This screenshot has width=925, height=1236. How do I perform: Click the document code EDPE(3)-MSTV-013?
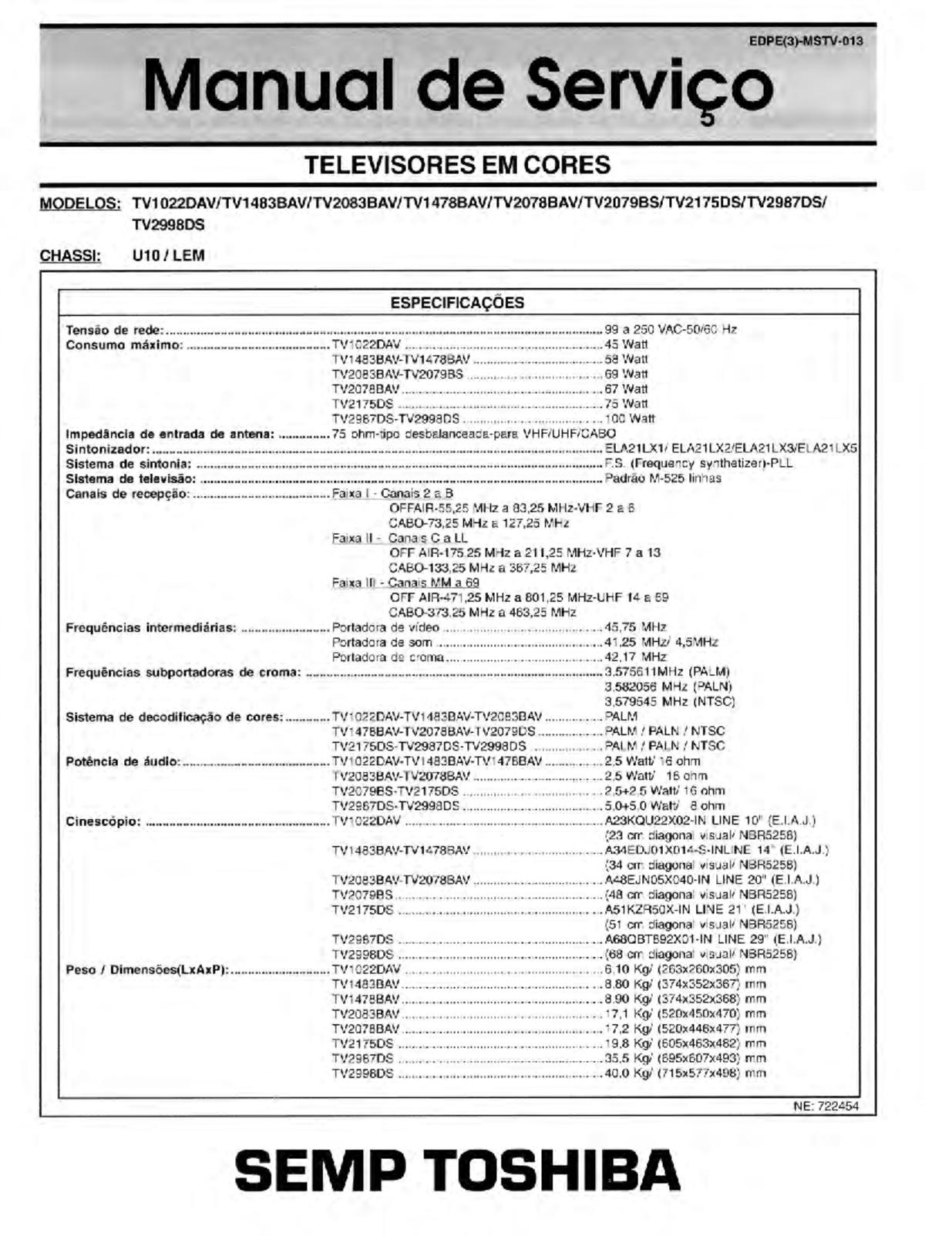806,42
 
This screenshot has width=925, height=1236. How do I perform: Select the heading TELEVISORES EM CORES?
458,165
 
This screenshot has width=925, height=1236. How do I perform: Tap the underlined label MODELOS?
80,204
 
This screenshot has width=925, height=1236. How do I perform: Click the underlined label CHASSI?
70,256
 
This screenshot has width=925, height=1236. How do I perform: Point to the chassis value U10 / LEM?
168,256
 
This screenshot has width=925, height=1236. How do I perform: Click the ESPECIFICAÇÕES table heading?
457,303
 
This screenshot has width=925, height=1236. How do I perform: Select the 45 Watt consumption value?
626,344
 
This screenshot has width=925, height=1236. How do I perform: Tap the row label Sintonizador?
107,448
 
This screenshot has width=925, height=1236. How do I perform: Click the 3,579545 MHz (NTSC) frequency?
669,701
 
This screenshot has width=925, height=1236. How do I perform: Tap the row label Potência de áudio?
123,761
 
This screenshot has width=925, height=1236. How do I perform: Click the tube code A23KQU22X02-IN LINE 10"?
709,821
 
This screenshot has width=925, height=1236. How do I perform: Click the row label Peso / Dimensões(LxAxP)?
146,969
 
